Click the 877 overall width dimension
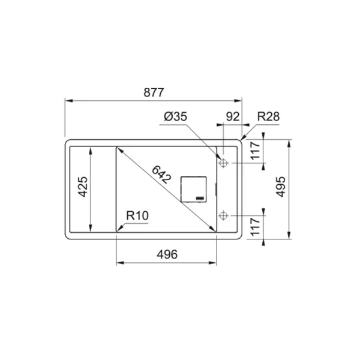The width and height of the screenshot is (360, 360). tap(154, 92)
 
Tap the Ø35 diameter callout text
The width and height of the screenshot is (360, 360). tap(175, 116)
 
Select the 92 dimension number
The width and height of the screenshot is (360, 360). tap(233, 116)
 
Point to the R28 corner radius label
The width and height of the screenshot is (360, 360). tap(268, 116)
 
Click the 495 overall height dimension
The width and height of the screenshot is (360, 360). tap(281, 187)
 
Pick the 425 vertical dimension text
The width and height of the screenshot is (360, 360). tap(83, 187)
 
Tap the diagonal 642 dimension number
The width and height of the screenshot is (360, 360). tap(161, 175)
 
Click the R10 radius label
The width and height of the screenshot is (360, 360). tap(137, 216)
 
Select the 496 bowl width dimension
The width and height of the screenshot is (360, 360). tap(167, 254)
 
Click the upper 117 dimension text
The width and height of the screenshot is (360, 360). tap(255, 151)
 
